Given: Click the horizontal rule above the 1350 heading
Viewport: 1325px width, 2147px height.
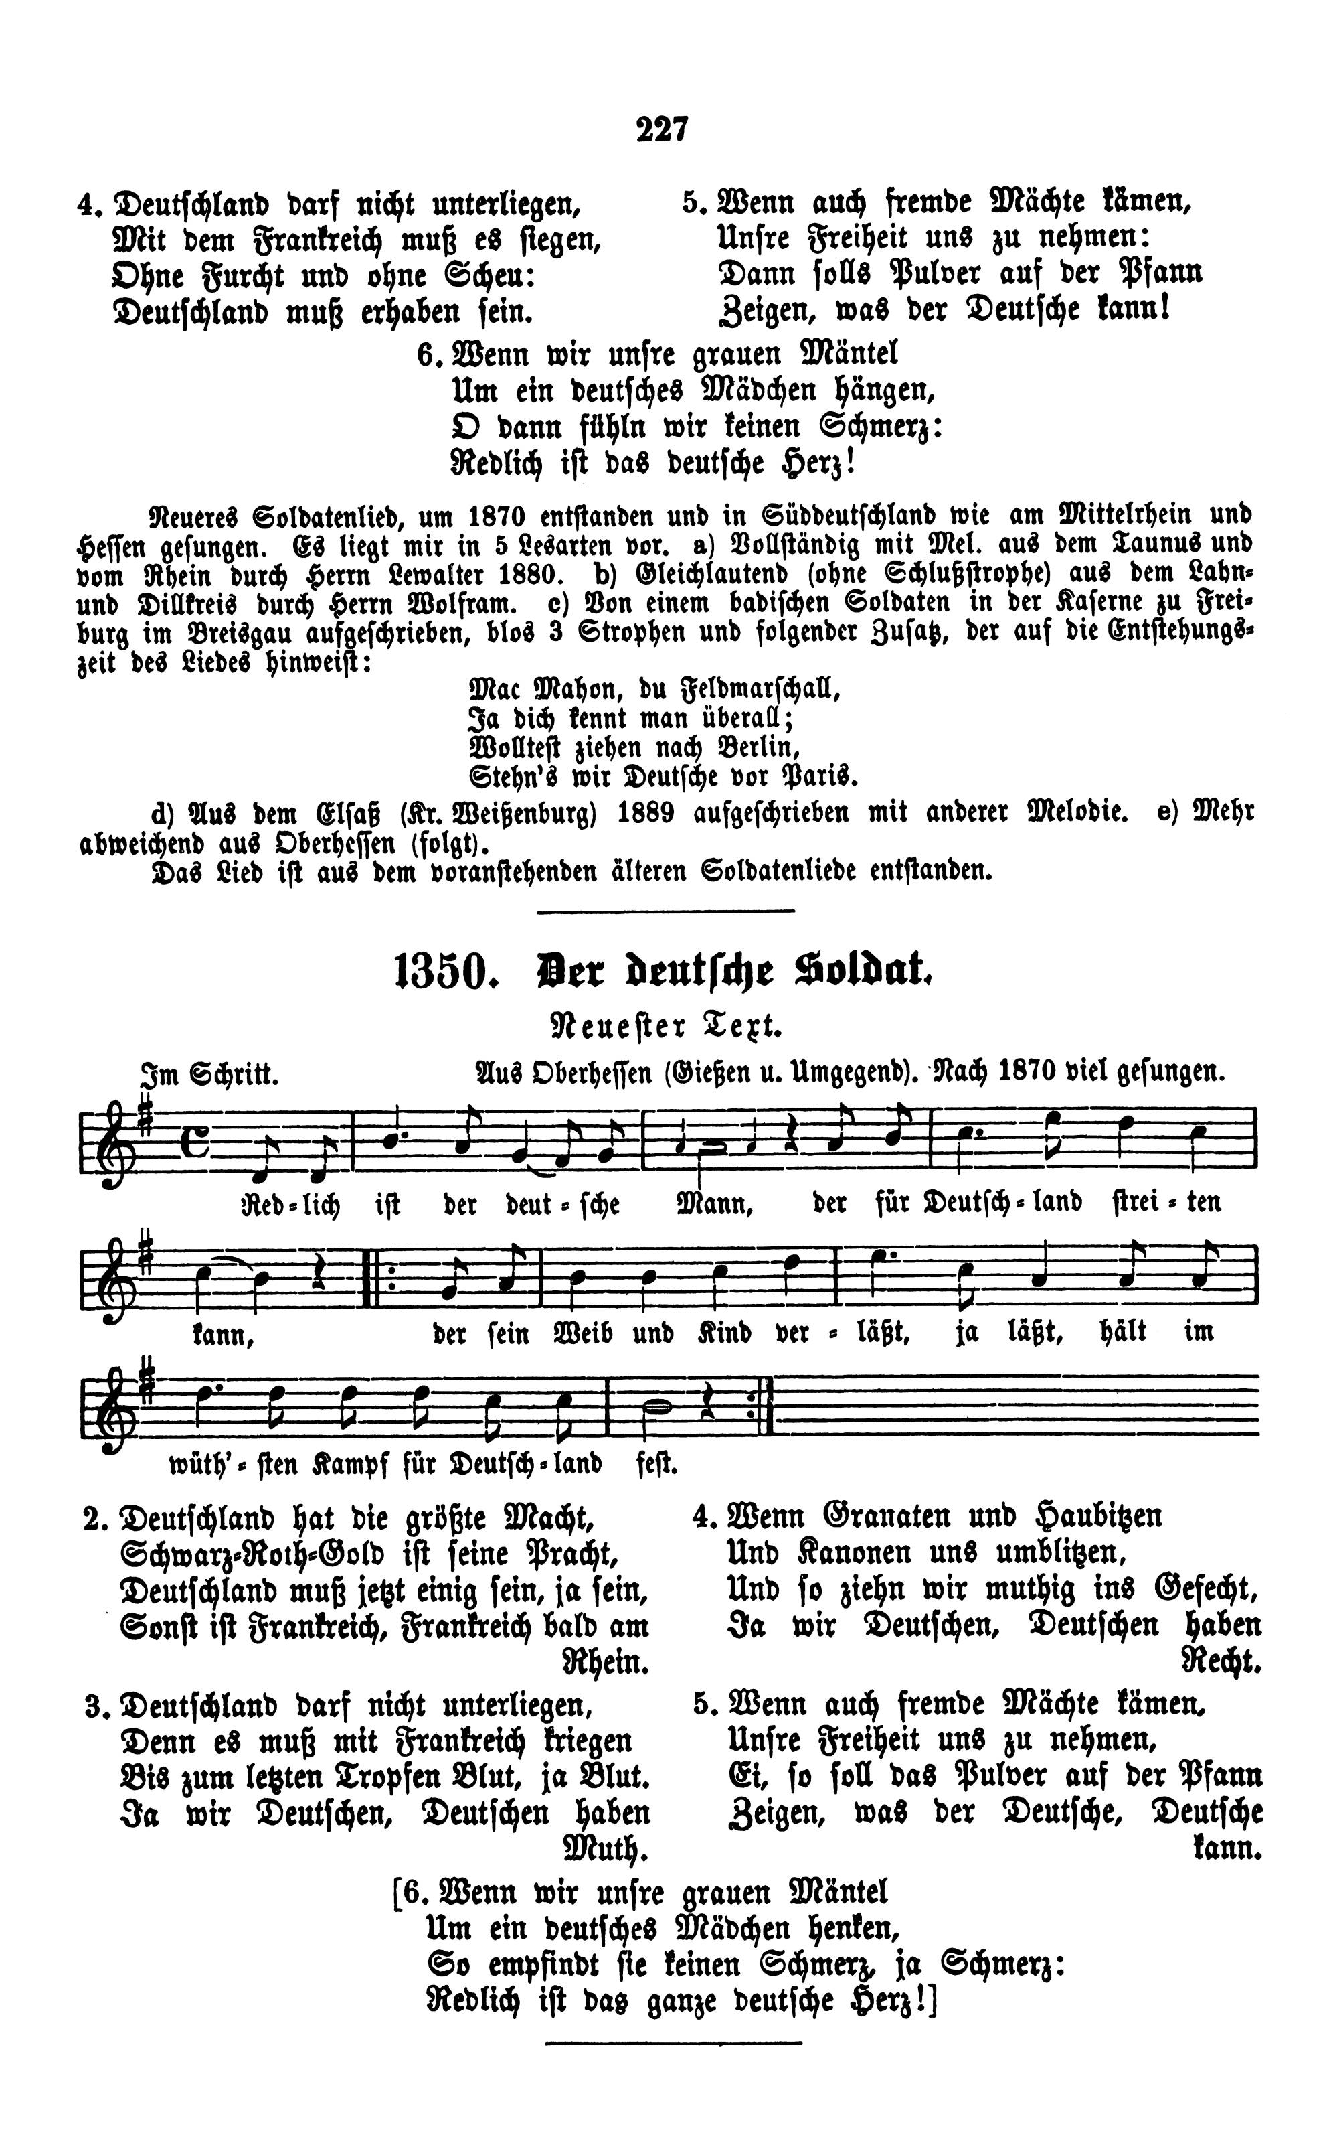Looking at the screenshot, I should point(665,911).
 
